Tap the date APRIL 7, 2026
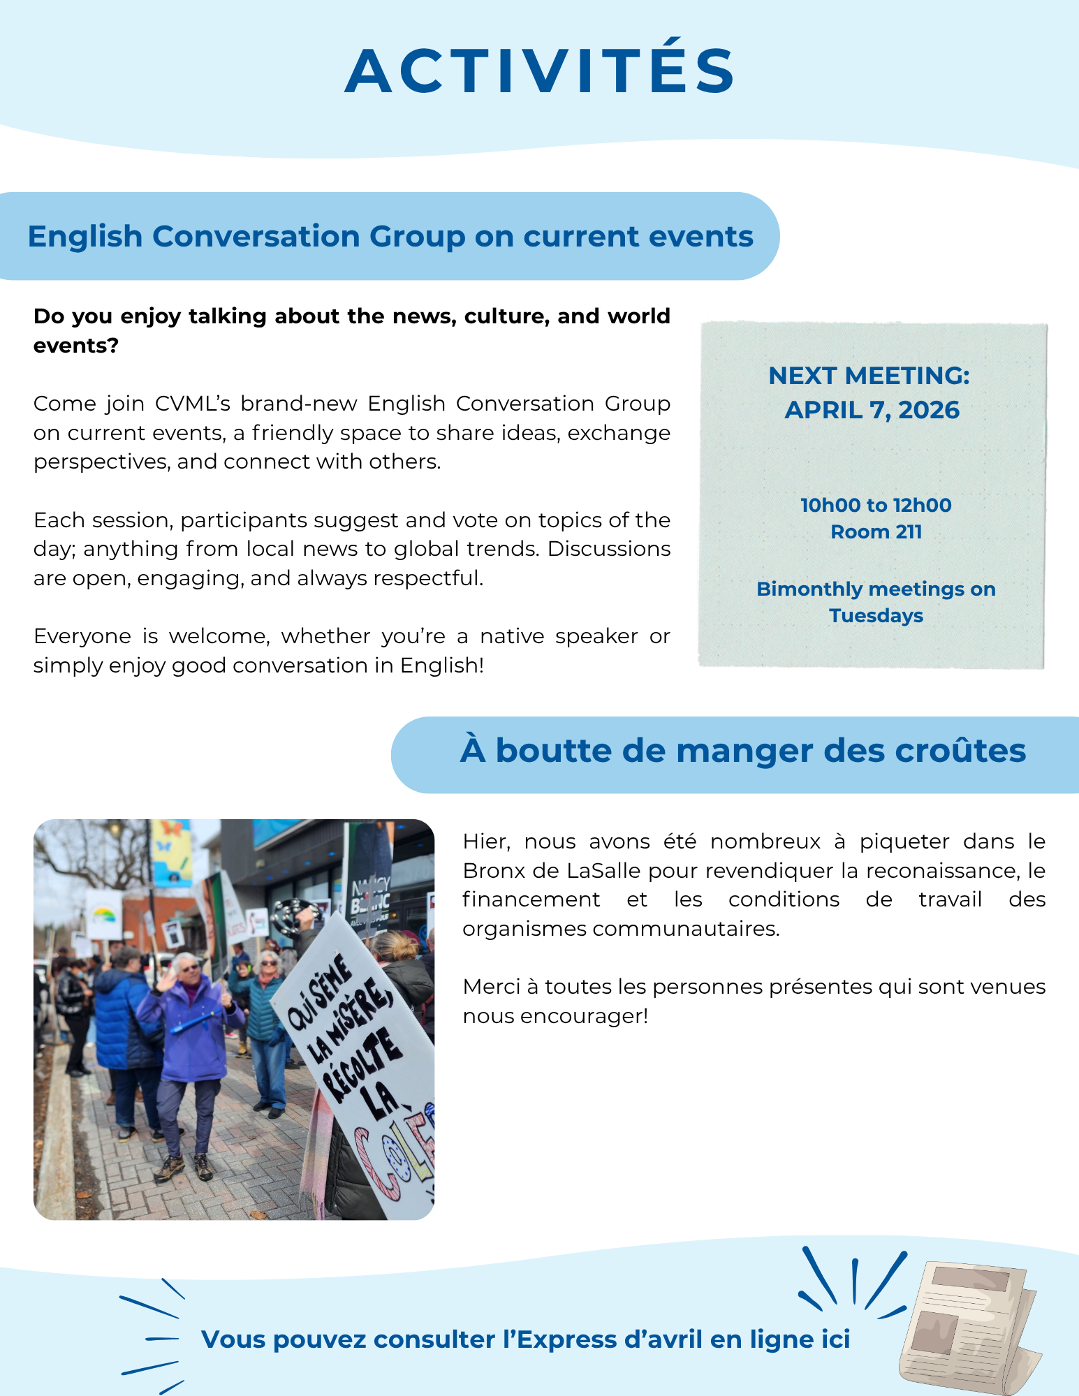[x=872, y=410]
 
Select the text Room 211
[x=876, y=532]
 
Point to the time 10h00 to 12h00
[x=876, y=505]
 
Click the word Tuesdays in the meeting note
[x=876, y=616]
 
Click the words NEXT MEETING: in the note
[x=869, y=376]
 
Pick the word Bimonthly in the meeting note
[x=809, y=589]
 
